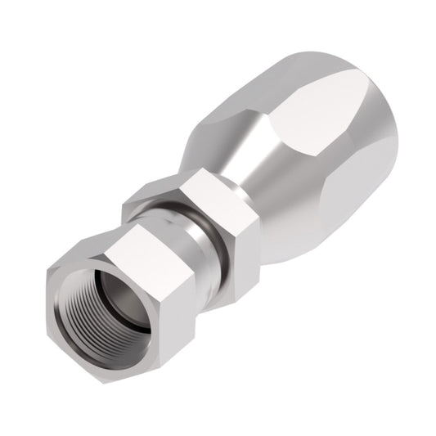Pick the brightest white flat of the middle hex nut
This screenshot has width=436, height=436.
pyautogui.click(x=218, y=196)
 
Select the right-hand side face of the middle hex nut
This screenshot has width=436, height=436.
pyautogui.click(x=245, y=237)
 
